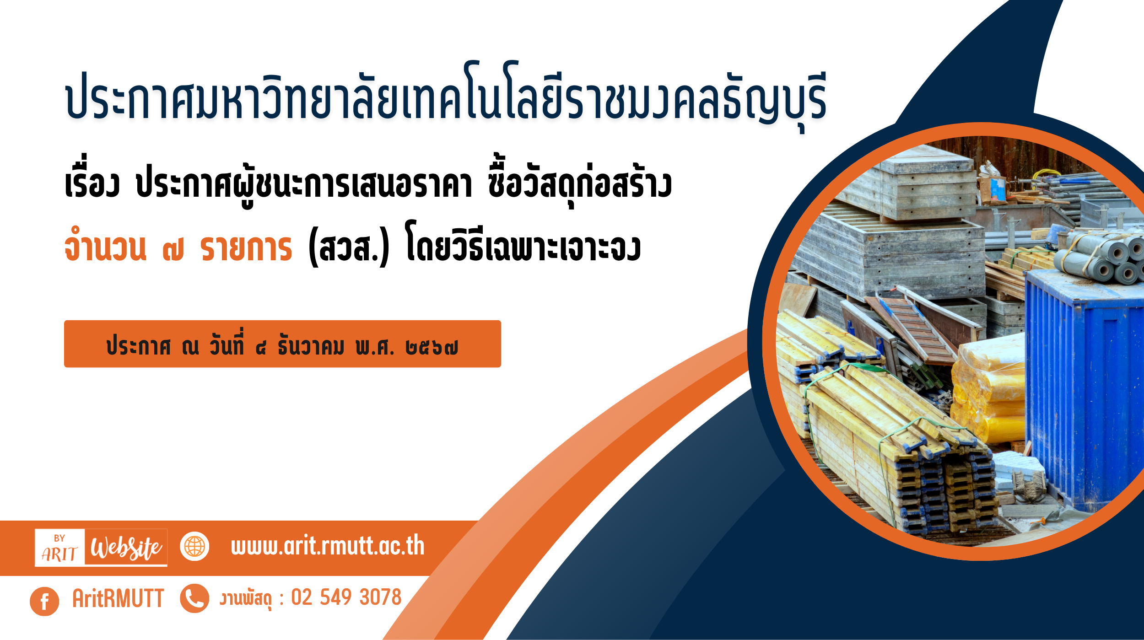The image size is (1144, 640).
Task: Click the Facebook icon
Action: coord(44,601)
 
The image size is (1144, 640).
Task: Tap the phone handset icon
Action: coord(194,598)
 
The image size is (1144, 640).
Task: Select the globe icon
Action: coord(194,546)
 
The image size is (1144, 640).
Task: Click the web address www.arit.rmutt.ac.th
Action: coord(328,546)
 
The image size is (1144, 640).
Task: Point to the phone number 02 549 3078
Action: coord(346,597)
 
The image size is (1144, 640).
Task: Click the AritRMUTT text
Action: coord(118,598)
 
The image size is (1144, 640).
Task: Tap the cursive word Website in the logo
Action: coord(126,548)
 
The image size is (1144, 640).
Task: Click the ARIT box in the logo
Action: coord(59,548)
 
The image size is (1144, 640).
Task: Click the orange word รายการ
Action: coord(246,249)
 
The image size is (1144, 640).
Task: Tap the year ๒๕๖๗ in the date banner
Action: coord(432,348)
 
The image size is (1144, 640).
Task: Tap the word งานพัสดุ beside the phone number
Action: coord(246,599)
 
